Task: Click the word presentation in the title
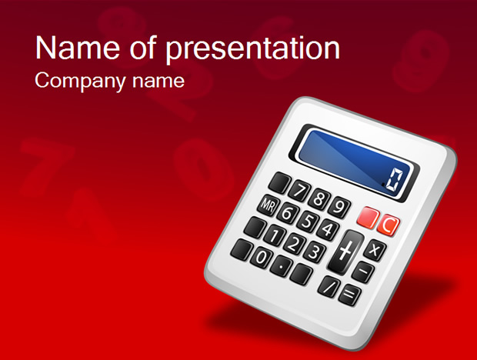pos(253,48)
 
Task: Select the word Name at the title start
pos(78,48)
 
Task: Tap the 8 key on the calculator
pos(319,199)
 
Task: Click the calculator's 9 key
pos(339,208)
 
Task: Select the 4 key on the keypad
pos(327,229)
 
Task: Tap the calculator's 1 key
pos(275,235)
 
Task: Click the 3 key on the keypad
pos(314,252)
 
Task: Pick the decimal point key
pos(282,266)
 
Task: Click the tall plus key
pos(345,252)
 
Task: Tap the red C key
pos(388,225)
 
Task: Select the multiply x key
pos(375,250)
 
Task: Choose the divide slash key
pos(329,287)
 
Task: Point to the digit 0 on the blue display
pos(394,181)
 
